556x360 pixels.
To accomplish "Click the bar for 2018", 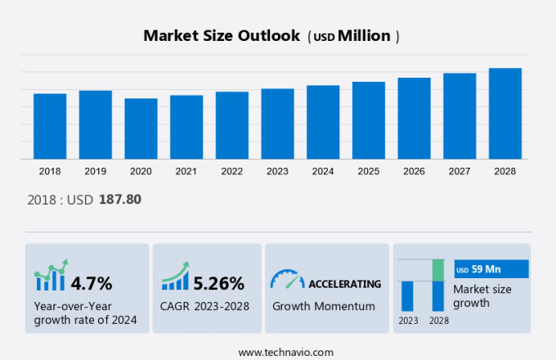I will [x=50, y=126].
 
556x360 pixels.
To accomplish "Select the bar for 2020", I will [x=141, y=128].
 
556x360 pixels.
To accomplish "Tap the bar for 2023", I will [x=278, y=124].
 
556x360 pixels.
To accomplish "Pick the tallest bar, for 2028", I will [x=505, y=113].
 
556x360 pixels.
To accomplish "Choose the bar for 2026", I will [x=415, y=118].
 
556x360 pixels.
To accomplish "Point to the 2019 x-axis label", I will [x=96, y=171].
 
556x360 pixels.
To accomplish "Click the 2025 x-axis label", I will [x=369, y=171].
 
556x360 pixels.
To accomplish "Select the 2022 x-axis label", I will [x=232, y=171].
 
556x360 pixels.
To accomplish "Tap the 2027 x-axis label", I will [x=460, y=171].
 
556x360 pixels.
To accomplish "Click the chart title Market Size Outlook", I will [x=221, y=36].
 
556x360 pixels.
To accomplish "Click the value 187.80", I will [x=120, y=200].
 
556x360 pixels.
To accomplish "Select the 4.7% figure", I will [x=92, y=284].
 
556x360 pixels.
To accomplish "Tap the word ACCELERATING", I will [x=344, y=284].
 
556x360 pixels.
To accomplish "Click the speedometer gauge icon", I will [x=287, y=279].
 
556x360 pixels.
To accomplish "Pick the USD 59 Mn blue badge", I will [x=491, y=269].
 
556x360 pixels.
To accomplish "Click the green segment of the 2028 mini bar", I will [x=437, y=270].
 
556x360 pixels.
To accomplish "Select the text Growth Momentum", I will [x=324, y=306].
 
